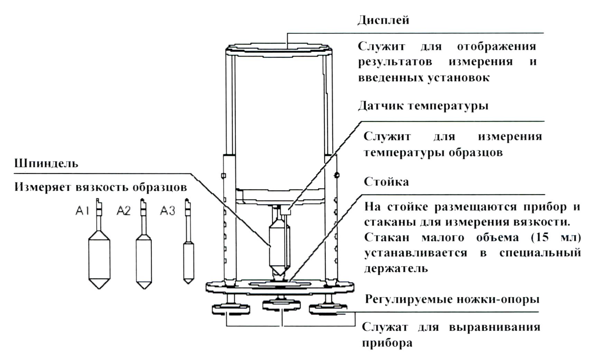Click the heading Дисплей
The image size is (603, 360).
pos(383,20)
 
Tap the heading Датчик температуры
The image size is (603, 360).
pos(423,105)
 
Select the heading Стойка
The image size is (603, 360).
pos(386,182)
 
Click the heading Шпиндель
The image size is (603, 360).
pos(46,163)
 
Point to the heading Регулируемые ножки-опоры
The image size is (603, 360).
pos(452,299)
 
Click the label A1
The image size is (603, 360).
pos(82,210)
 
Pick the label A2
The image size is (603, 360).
pos(124,210)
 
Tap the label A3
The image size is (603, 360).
pos(167,210)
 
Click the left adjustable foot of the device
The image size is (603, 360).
pos(231,308)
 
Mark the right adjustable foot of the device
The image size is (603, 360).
pos(328,308)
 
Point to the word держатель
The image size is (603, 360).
pos(396,268)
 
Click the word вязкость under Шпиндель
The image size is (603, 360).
pos(104,187)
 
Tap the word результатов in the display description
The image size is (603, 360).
pos(395,62)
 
